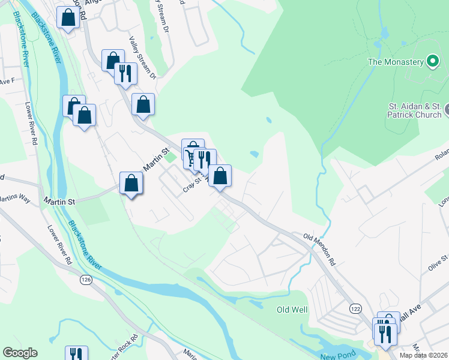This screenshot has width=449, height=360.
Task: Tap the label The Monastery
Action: tap(396, 61)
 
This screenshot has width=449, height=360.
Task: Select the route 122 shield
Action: tap(355, 308)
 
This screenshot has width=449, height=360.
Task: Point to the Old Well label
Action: tap(292, 310)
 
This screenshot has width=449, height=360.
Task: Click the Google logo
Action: tap(20, 353)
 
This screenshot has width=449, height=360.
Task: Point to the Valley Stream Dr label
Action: tap(142, 58)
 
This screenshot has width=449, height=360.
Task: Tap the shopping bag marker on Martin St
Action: tap(131, 184)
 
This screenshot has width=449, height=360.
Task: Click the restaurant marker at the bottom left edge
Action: tap(76, 354)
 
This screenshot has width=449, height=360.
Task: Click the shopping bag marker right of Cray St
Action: tap(220, 176)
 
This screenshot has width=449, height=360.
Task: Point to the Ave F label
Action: tap(7, 81)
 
